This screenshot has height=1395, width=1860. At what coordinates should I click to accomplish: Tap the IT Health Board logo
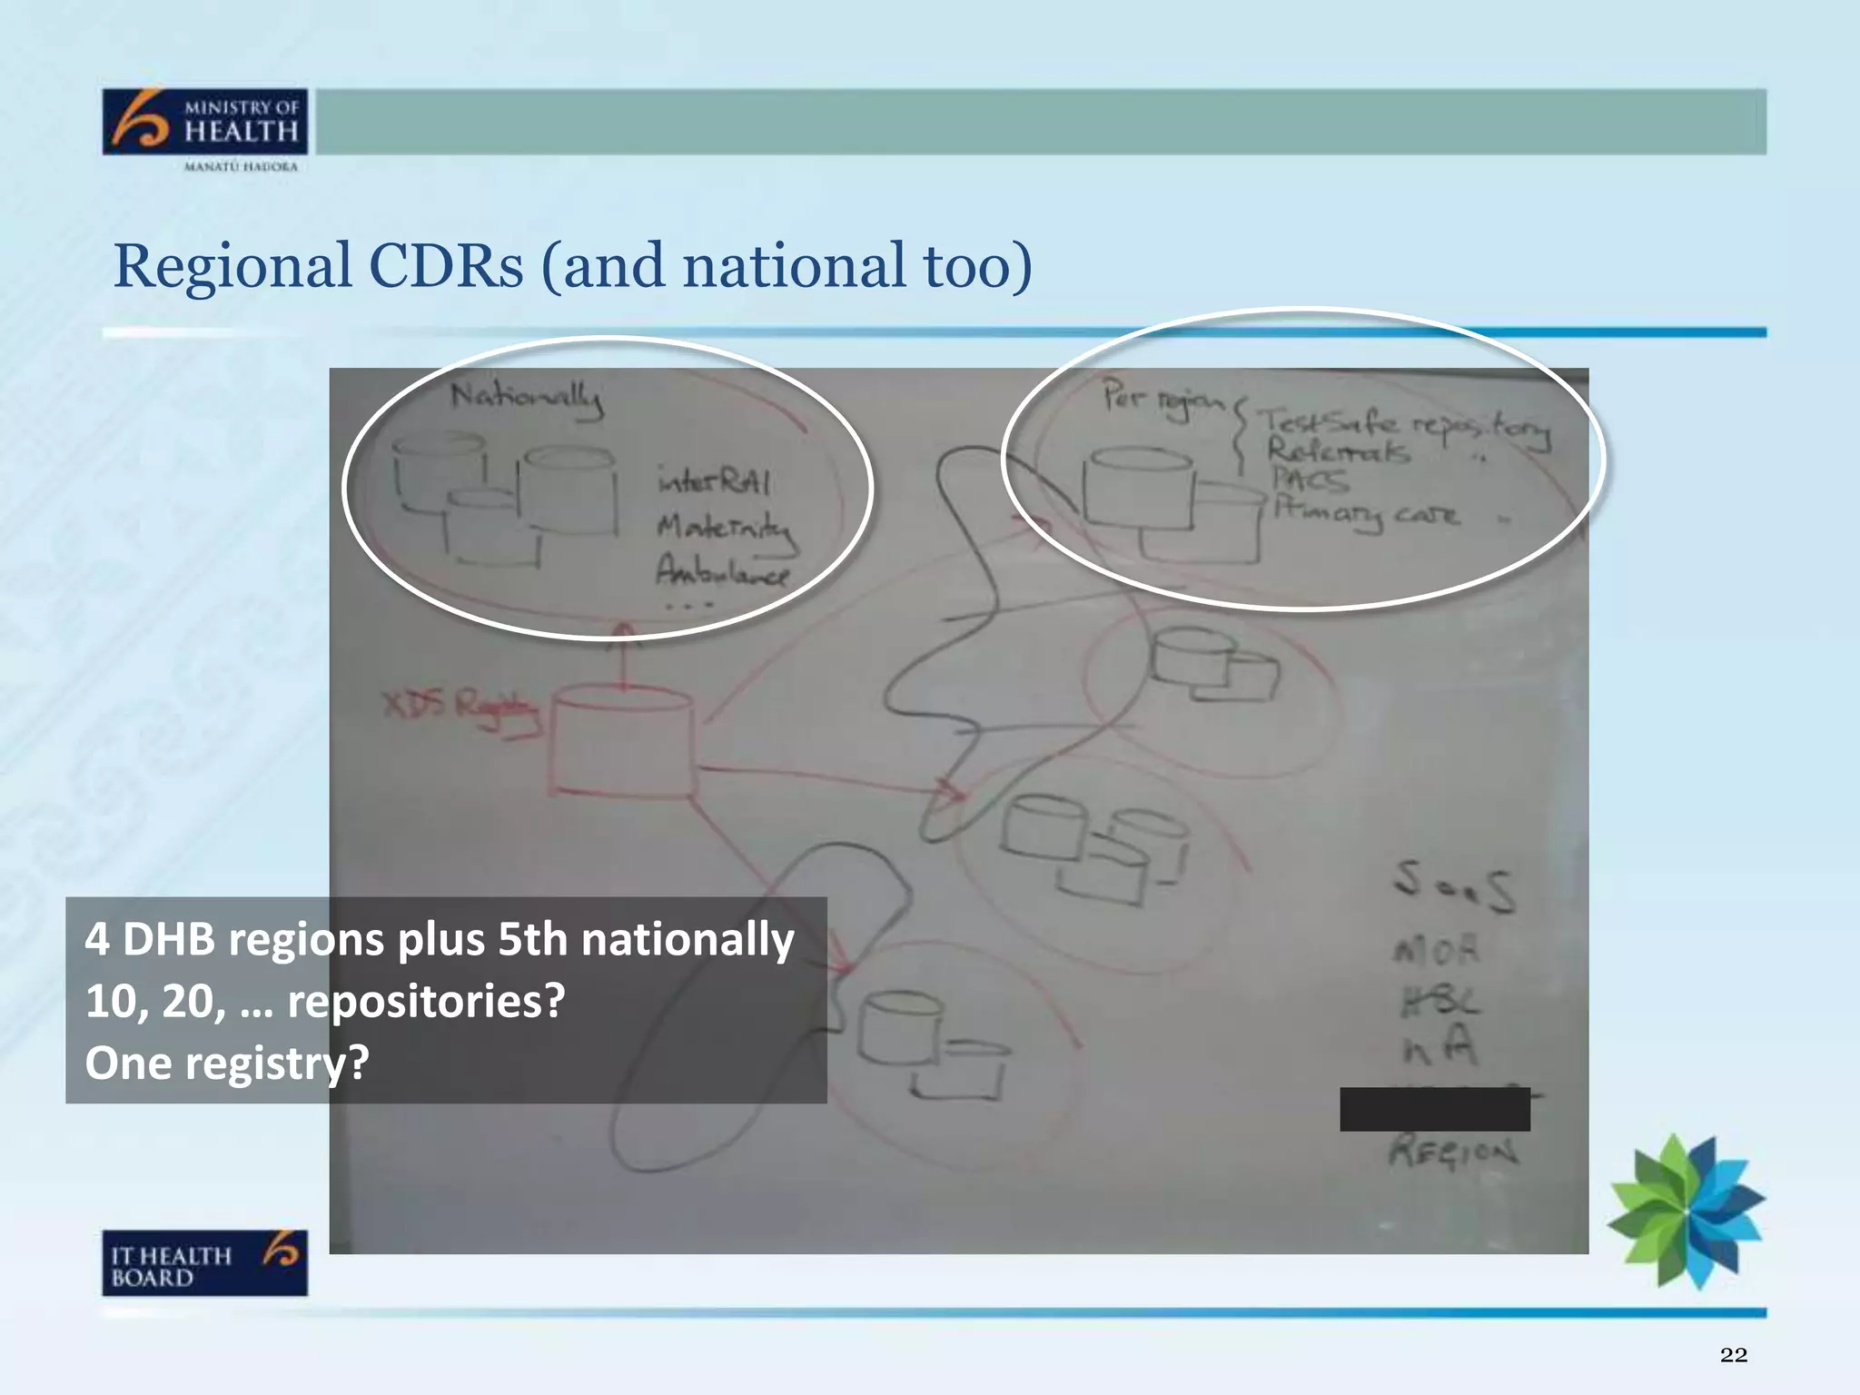[204, 1262]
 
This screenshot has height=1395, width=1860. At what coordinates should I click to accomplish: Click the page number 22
[1733, 1355]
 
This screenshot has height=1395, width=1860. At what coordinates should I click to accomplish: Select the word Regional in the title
[232, 266]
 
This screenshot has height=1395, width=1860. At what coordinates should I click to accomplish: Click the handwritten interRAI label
[714, 480]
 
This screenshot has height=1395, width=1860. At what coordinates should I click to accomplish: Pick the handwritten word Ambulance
[722, 571]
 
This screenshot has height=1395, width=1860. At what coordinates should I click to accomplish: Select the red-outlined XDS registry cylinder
[623, 745]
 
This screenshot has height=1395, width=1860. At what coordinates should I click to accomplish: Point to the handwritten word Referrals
[1338, 450]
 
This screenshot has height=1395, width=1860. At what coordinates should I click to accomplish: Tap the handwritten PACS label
[1309, 479]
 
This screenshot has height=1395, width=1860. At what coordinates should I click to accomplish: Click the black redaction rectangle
[1434, 1109]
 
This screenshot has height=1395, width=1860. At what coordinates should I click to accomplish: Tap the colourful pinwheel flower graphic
[1686, 1210]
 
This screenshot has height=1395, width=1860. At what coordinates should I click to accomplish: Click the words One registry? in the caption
[227, 1063]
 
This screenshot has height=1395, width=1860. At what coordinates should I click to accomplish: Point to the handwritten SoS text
[1454, 885]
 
